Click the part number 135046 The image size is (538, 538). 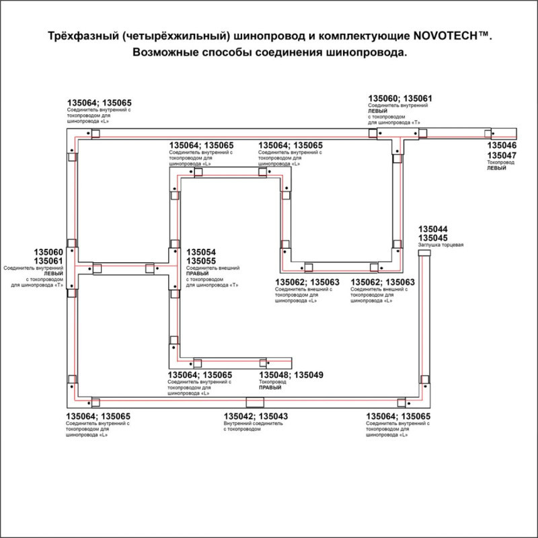click(x=502, y=145)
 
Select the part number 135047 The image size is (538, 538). click(x=502, y=155)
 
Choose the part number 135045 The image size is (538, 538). click(x=433, y=238)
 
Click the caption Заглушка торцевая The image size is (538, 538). click(x=441, y=245)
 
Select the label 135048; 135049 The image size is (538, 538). click(x=291, y=375)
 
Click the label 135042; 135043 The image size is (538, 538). click(x=256, y=417)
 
